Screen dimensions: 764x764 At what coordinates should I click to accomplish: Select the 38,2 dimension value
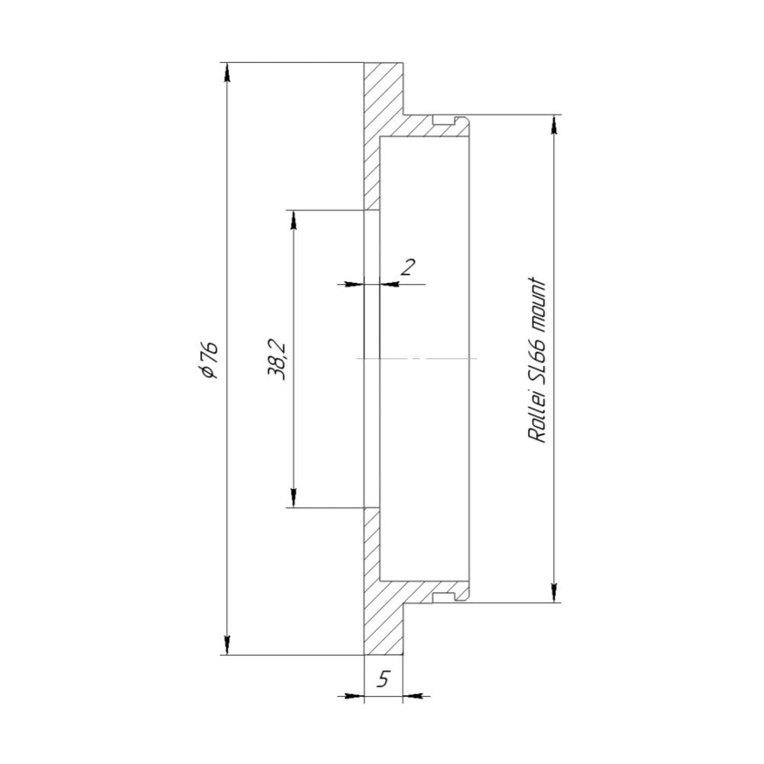click(x=277, y=361)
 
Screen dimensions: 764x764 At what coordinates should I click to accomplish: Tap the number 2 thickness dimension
click(x=407, y=267)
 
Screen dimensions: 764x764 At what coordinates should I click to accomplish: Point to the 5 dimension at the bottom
click(x=384, y=678)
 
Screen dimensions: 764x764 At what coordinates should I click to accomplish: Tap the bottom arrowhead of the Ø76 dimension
click(x=227, y=646)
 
